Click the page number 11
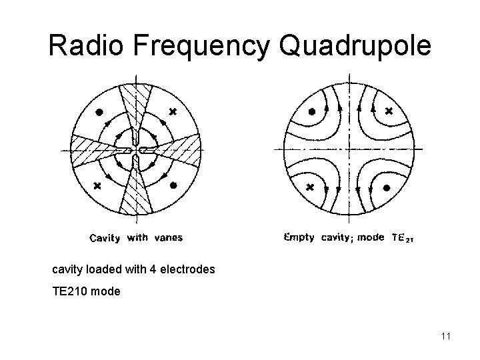click(445, 335)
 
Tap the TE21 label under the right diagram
click(403, 237)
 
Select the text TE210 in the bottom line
click(70, 291)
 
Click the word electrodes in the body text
click(187, 270)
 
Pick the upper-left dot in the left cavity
click(99, 111)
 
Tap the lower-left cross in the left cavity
click(98, 185)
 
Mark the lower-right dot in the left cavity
click(173, 186)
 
